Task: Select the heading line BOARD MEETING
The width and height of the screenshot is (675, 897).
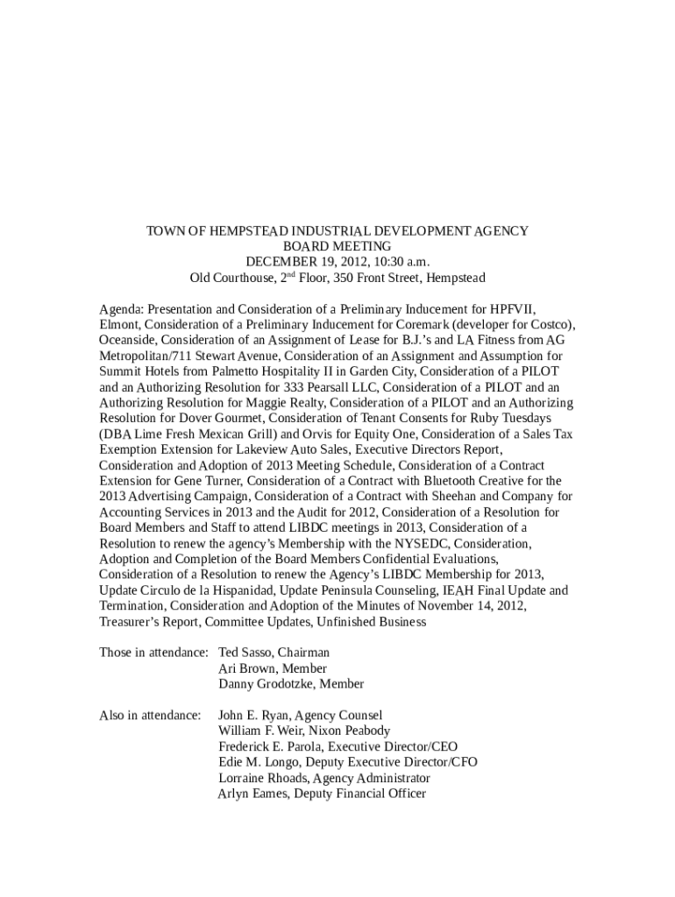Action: [337, 247]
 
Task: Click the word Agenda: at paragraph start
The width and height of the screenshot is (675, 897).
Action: [121, 309]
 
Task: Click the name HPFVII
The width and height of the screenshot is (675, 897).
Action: [515, 309]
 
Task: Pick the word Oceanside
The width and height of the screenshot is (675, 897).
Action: [127, 341]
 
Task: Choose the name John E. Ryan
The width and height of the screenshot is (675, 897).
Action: [253, 716]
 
